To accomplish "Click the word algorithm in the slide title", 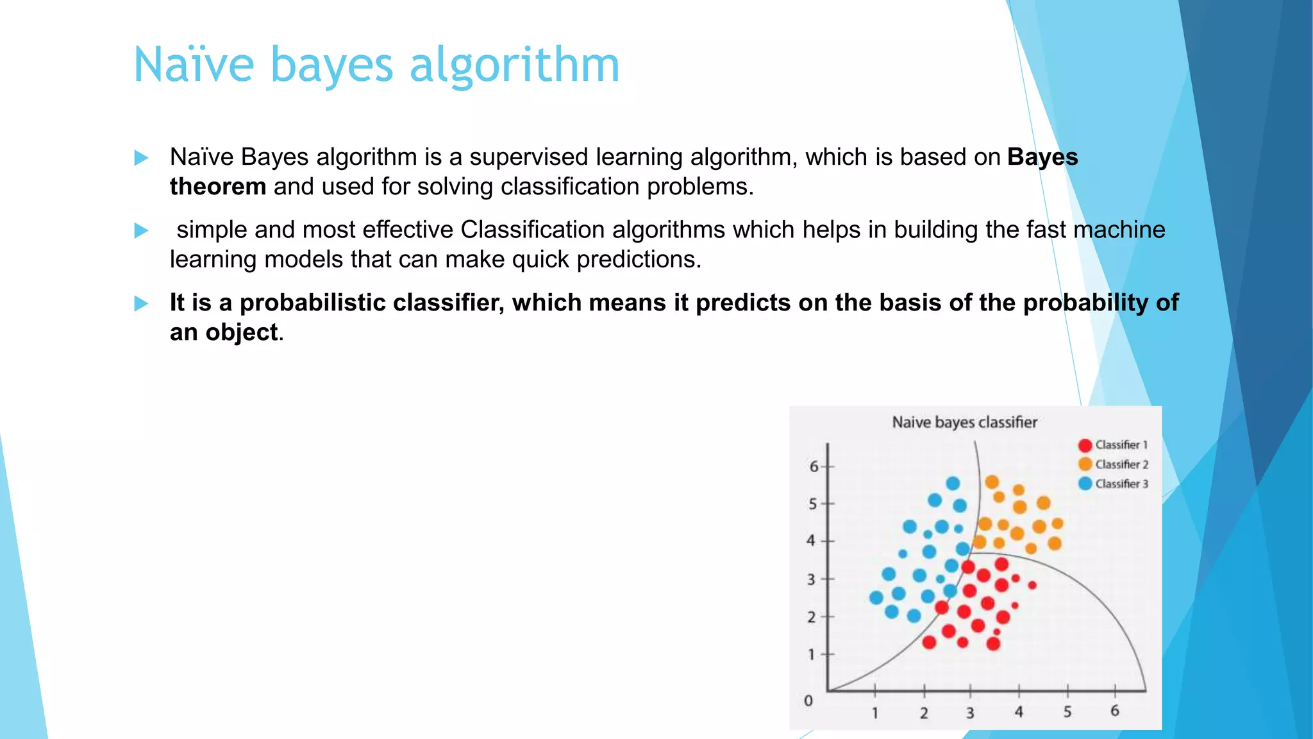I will pos(514,65).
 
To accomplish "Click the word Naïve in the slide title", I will pos(194,65).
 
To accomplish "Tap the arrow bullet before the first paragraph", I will pos(141,158).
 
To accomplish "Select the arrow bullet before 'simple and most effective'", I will pos(141,230).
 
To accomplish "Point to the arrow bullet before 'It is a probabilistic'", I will pos(141,303).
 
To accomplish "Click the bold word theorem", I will pos(217,187).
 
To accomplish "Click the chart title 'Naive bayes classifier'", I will pos(964,422).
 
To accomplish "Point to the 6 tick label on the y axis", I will pos(813,466).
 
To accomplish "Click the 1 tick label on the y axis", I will pos(811,654).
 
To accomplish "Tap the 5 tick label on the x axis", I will pos(1067,711).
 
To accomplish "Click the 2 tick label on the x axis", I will pos(923,713).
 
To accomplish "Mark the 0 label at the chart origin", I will pos(808,701).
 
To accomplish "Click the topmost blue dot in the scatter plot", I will pos(953,483).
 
